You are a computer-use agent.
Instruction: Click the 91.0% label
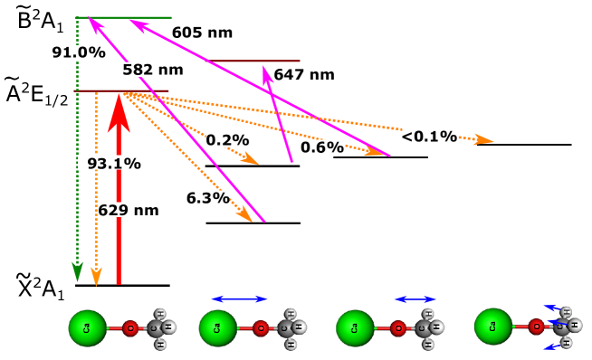[x=69, y=52]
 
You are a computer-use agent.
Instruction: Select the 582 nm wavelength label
[x=153, y=70]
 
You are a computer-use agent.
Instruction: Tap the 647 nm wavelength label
[x=304, y=75]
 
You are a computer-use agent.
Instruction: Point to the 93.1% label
[x=114, y=163]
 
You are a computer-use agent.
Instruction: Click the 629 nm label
[x=132, y=210]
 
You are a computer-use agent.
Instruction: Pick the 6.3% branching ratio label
[x=206, y=197]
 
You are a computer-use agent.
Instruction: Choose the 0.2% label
[x=227, y=140]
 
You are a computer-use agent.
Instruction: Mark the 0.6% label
[x=322, y=147]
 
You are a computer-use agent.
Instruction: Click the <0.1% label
[x=429, y=137]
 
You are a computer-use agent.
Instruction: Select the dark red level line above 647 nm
[x=254, y=62]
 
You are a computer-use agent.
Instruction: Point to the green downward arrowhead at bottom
[x=77, y=271]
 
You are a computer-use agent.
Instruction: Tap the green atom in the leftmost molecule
[x=87, y=327]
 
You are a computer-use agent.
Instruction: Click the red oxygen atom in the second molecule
[x=261, y=328]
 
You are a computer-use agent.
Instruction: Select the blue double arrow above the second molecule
[x=239, y=298]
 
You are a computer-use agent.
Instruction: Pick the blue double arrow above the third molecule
[x=415, y=298]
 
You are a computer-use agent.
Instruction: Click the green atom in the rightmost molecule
[x=492, y=327]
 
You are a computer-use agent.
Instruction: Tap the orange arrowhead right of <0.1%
[x=483, y=139]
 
